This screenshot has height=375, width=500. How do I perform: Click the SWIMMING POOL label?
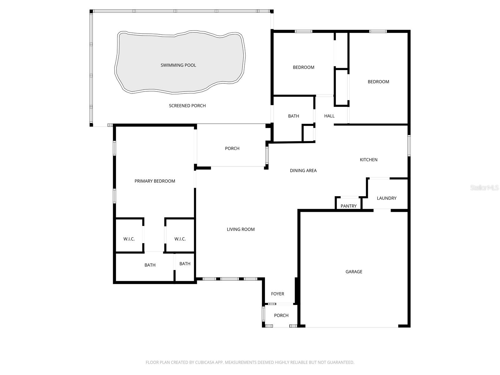tap(178, 65)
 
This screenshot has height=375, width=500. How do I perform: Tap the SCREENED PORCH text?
tap(187, 106)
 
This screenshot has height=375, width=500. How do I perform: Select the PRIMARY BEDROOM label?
tap(155, 181)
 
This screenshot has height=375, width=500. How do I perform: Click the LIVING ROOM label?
tap(241, 229)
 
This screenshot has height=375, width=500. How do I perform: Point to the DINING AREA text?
tap(303, 171)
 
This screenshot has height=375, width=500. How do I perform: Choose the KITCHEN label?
tap(368, 160)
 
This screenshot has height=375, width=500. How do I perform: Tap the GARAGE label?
tap(354, 272)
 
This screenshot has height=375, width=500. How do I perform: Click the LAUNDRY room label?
tap(387, 198)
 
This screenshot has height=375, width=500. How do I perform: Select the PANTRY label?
tap(348, 206)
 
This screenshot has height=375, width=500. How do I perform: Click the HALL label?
tap(329, 116)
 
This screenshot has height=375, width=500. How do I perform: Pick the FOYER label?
tap(277, 294)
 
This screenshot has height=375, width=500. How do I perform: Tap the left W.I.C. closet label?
tap(129, 239)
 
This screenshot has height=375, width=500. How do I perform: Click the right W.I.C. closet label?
tap(180, 239)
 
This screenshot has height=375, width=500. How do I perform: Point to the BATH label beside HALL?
tap(293, 116)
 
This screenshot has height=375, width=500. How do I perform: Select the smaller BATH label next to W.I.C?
tap(185, 264)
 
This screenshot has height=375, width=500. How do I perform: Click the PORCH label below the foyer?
tap(281, 315)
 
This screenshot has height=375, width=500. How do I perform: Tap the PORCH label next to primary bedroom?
tap(232, 148)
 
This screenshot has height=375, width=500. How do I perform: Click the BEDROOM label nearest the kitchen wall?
tap(378, 82)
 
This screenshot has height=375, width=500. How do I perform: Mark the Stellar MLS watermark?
tap(484, 188)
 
